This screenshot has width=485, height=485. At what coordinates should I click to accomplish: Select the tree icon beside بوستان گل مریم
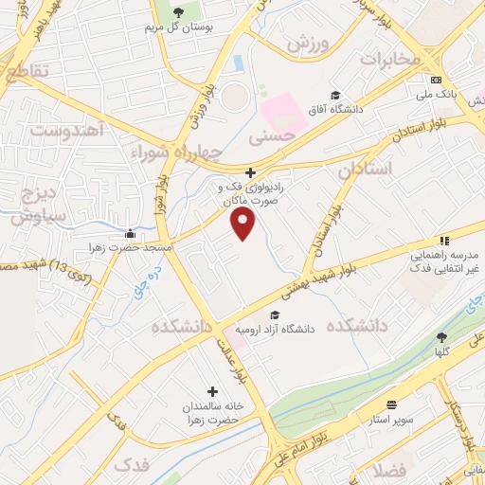[179, 12]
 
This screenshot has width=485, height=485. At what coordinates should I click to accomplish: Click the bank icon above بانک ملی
[436, 80]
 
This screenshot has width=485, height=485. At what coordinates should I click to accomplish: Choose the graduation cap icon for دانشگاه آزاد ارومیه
[275, 315]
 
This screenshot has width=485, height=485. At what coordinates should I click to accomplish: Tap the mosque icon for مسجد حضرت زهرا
[130, 234]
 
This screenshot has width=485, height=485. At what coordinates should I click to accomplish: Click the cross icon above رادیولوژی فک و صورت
[250, 172]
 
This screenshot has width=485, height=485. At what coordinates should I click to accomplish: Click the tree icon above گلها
[441, 336]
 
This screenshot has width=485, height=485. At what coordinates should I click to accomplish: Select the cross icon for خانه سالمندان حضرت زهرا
[211, 390]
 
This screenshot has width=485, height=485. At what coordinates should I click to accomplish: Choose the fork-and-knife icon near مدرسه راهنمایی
[442, 242]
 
